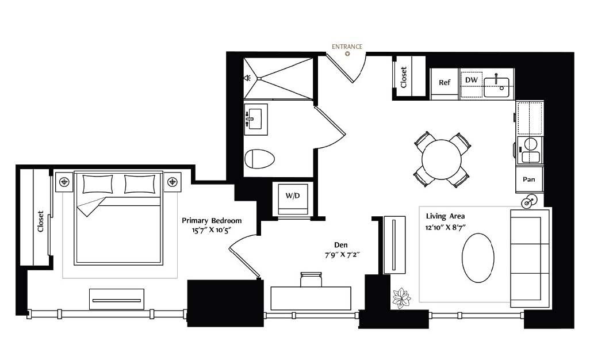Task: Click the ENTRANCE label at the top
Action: (x=347, y=47)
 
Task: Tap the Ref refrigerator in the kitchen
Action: (x=444, y=84)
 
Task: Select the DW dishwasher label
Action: (x=471, y=80)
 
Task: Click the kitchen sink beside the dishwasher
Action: (x=496, y=87)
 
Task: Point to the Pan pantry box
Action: (x=529, y=179)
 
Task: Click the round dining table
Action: (x=442, y=159)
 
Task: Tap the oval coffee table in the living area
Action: (x=478, y=258)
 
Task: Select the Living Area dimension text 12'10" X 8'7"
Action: (x=446, y=228)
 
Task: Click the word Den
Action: (x=341, y=245)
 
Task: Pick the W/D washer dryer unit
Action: (x=293, y=198)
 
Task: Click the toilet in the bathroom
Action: (x=259, y=159)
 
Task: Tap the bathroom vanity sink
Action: (x=256, y=119)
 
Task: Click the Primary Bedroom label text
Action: (x=212, y=221)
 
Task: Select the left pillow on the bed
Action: (x=97, y=184)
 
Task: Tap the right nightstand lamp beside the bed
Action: (x=173, y=182)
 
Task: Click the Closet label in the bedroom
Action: (x=41, y=221)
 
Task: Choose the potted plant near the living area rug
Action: (x=401, y=298)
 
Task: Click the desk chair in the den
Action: (x=311, y=279)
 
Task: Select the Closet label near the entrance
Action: (x=404, y=77)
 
